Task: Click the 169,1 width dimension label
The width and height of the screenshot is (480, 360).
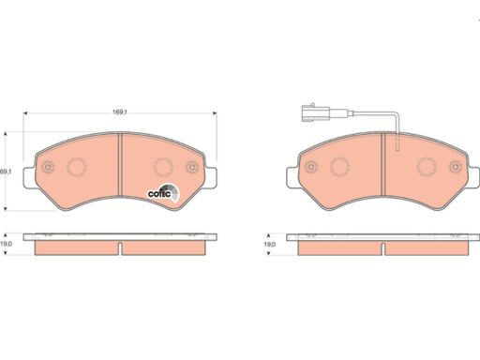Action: coord(120,112)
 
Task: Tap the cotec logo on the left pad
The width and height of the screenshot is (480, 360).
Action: coord(163,192)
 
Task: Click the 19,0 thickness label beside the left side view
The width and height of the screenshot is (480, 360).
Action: coord(6,244)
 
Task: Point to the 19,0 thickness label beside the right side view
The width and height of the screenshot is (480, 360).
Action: coord(270,245)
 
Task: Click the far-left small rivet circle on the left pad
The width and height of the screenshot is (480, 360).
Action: coord(48,167)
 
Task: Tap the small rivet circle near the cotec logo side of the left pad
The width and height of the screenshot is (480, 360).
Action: coord(192,167)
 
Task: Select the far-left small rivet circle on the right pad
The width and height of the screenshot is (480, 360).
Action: coord(311,167)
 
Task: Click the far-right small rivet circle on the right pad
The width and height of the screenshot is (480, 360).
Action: coord(456,167)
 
